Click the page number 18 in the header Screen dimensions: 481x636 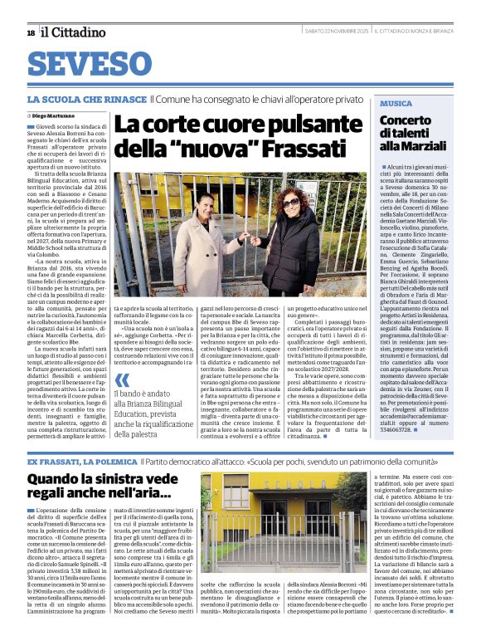click(30, 33)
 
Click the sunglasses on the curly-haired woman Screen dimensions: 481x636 click(292, 202)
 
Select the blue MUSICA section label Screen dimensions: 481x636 click(396, 104)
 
